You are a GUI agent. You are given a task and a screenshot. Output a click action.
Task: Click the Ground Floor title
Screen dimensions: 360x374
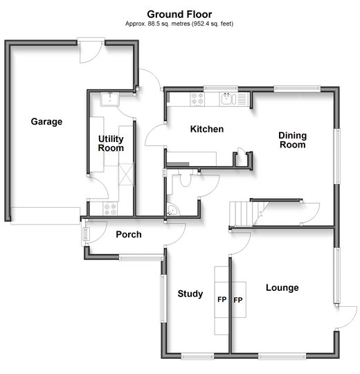point(179,15)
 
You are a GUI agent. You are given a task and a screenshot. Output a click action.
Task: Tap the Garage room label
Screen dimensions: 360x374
point(46,122)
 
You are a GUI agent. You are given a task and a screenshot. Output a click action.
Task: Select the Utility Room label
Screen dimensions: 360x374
point(111,143)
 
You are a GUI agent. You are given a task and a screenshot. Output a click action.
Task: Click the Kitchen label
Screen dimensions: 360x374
point(207,129)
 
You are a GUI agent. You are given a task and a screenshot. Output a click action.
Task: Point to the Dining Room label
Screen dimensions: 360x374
point(293,140)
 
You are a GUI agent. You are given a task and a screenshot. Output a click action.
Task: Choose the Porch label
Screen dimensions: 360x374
point(129,235)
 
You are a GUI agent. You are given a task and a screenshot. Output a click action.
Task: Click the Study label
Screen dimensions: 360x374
point(190,294)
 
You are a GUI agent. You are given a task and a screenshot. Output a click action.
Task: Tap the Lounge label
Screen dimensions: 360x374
point(282,287)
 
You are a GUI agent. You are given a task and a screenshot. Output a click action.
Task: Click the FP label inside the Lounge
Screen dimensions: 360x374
point(238,300)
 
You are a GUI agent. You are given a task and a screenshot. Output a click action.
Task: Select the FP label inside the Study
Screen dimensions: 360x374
point(222,299)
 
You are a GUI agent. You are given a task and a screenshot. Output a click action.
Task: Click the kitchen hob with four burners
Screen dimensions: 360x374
point(197,99)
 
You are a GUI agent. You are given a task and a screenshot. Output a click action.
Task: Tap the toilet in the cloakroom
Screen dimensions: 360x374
point(185,179)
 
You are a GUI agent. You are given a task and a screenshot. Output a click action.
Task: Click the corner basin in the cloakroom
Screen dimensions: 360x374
point(172,210)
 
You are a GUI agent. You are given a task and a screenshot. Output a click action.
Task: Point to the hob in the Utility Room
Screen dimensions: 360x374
point(110,209)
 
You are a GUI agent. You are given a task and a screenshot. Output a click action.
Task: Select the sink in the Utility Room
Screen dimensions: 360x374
point(110,100)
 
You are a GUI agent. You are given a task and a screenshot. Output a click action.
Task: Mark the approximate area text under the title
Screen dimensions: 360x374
point(179,24)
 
